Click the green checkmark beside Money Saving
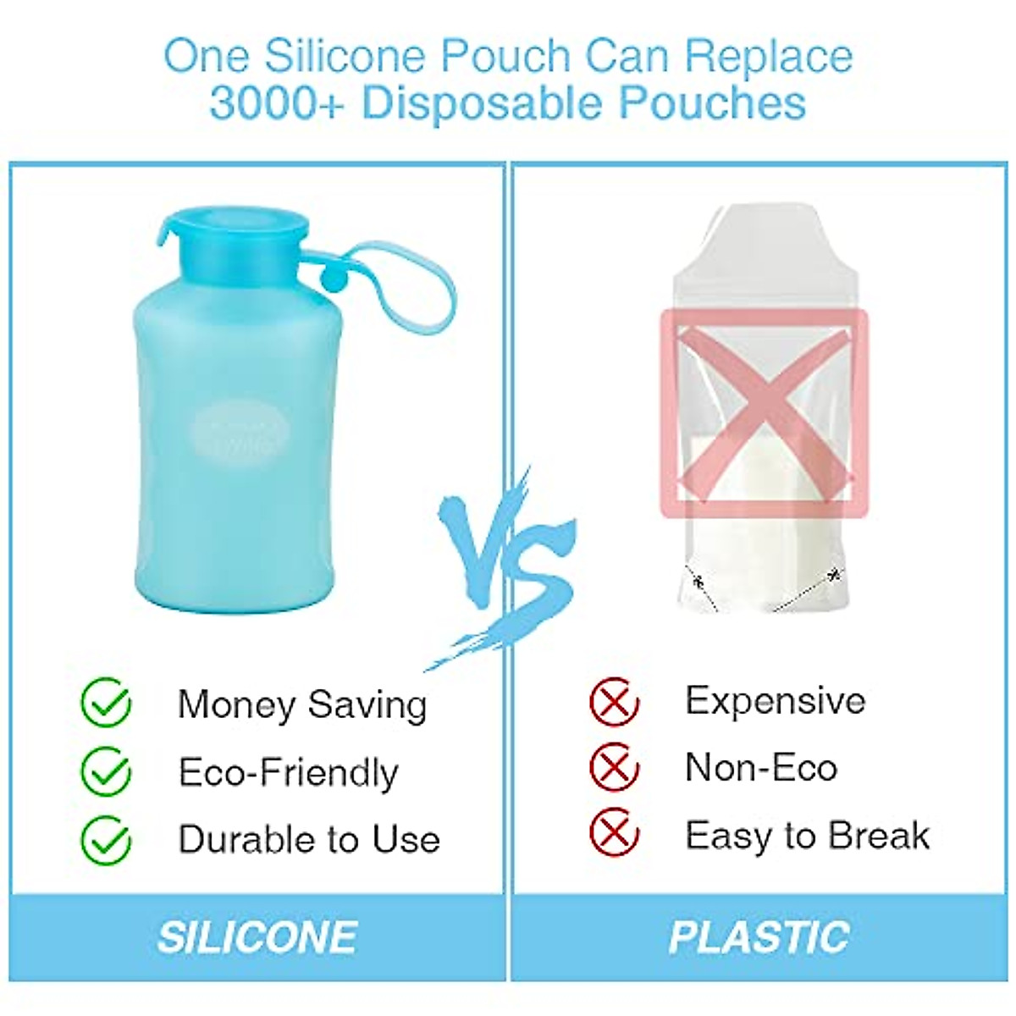(107, 704)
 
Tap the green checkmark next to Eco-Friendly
(107, 771)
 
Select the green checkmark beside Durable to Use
(107, 839)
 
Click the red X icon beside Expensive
(614, 702)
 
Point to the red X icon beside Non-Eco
(614, 768)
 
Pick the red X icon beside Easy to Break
(614, 834)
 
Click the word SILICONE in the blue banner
(257, 937)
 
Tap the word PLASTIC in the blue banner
(759, 937)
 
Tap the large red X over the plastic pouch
(765, 412)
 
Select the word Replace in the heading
(768, 56)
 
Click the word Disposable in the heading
(483, 103)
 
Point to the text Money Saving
(302, 704)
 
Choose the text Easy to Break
(807, 836)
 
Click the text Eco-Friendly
(288, 772)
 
